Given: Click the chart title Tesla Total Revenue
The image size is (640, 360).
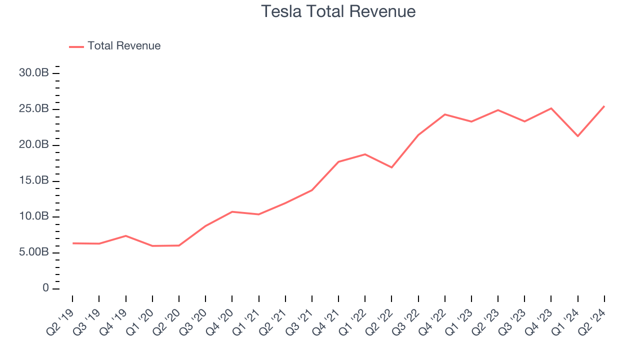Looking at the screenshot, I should (338, 11).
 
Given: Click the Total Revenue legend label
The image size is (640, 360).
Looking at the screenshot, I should (124, 46).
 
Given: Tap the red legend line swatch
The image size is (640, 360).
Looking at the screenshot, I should (76, 46).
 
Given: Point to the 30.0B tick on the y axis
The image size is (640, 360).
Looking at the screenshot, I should (33, 73).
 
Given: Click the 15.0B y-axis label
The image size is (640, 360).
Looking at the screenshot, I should (33, 181).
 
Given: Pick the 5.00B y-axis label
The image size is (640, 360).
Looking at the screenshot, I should (33, 252).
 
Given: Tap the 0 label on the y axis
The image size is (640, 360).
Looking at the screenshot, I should (45, 288).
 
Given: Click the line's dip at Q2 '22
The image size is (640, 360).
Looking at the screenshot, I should (391, 167).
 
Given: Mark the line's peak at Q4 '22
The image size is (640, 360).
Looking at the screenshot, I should (444, 114).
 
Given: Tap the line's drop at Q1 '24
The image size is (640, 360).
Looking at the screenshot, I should (577, 136).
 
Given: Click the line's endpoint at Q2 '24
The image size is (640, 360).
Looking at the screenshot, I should (604, 106).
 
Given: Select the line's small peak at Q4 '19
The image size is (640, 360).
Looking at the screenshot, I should (125, 235).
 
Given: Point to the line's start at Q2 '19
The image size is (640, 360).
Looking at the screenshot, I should (72, 243).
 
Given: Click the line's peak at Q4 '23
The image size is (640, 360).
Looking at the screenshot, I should (551, 108).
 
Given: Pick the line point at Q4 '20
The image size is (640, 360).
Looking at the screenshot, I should (232, 211).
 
